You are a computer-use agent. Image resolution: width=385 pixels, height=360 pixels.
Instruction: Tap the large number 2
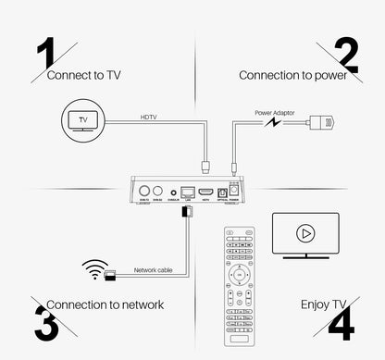[x=346, y=56]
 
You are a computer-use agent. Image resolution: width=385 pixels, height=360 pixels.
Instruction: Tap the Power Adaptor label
[x=274, y=111]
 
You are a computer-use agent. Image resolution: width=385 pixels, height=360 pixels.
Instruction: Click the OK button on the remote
[x=240, y=274]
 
